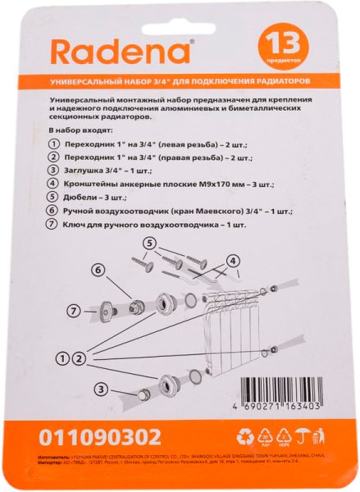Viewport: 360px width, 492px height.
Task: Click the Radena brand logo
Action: (x=122, y=53)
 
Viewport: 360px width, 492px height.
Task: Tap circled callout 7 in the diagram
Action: (x=72, y=310)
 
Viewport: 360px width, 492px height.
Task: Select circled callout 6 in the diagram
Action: (x=97, y=269)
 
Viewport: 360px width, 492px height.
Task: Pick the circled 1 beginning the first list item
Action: (x=56, y=143)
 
